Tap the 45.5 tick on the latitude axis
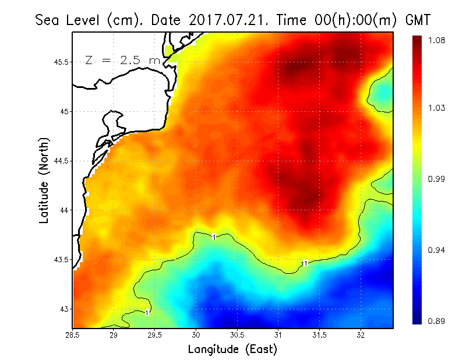click(60, 62)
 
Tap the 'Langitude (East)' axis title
click(232, 350)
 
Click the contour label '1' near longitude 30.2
click(214, 237)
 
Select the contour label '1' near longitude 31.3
click(304, 264)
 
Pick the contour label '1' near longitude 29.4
click(147, 312)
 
